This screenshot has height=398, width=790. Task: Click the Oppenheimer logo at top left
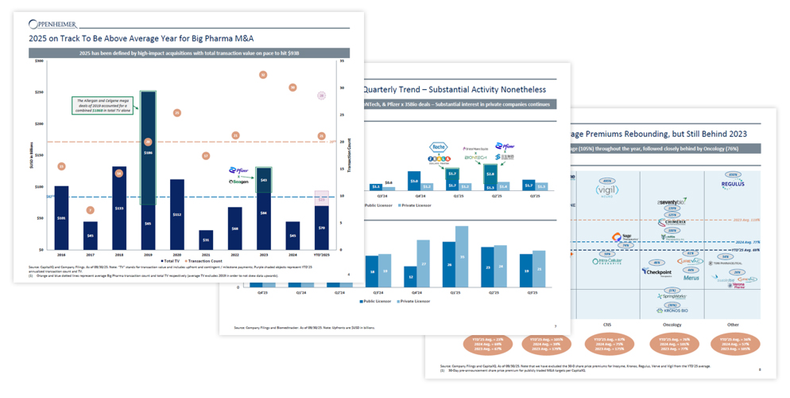click(55, 25)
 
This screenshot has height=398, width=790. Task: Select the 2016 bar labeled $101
click(61, 217)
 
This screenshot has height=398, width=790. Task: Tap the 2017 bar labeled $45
click(90, 235)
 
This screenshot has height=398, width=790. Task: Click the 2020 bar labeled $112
click(176, 214)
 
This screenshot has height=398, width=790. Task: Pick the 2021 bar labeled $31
click(206, 240)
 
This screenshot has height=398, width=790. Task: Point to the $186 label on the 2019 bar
click(148, 152)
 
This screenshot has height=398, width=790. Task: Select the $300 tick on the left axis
click(39, 61)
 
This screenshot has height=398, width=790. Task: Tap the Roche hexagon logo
click(440, 147)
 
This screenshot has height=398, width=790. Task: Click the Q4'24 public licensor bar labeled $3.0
click(414, 181)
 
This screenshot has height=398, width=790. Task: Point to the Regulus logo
click(733, 185)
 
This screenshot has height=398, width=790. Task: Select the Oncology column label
click(672, 325)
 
